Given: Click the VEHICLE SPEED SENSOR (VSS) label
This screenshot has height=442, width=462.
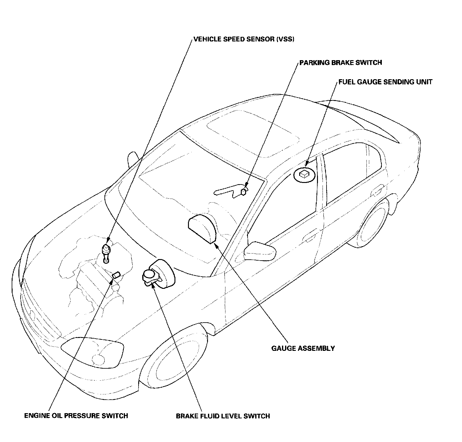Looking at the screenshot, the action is point(244,39).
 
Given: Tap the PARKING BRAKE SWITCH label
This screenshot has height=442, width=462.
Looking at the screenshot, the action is point(341,63).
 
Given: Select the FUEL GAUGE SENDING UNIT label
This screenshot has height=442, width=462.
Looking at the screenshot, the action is point(385,82).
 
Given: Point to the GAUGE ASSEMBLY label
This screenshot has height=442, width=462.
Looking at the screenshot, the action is point(303,348).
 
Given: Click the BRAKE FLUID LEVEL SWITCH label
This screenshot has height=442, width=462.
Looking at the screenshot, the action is point(223,416).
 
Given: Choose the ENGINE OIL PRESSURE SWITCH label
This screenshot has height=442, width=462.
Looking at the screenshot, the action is point(76,416).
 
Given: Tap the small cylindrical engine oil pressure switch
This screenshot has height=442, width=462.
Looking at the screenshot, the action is point(116,275).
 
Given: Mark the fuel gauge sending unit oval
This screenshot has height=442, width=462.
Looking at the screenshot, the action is point(304,174).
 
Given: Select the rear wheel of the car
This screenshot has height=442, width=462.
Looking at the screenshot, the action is point(372,225).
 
